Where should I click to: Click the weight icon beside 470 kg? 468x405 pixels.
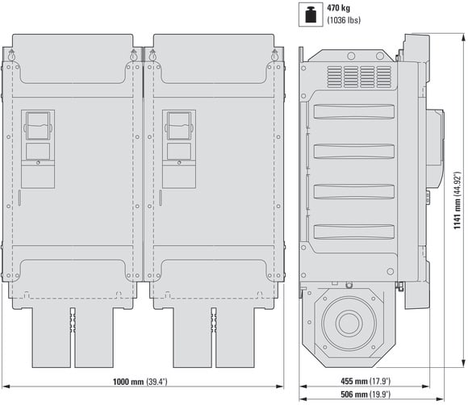311,15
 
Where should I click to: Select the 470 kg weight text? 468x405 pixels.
338,8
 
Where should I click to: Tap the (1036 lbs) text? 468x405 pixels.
344,20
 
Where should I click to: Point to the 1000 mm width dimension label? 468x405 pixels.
140,382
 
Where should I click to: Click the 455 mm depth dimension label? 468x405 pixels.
366,381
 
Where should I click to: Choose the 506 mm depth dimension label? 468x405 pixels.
366,395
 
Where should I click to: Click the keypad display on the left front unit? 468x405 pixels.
38,126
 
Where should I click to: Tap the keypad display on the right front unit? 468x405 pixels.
179,126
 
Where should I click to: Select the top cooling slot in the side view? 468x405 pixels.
354,111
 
